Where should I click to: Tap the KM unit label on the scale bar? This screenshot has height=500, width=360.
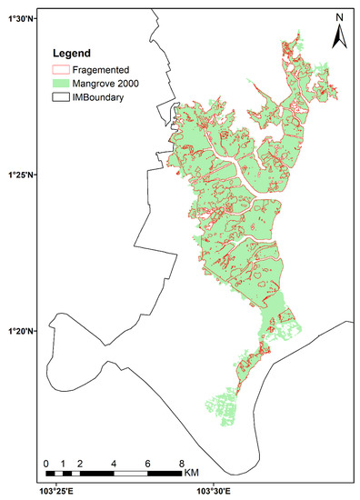click(192, 474)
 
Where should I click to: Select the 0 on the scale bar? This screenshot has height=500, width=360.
click(46, 464)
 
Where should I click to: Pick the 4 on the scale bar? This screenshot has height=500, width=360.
click(114, 464)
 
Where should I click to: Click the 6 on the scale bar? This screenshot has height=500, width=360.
click(147, 464)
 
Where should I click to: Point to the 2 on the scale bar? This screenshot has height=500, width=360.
click(80, 464)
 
